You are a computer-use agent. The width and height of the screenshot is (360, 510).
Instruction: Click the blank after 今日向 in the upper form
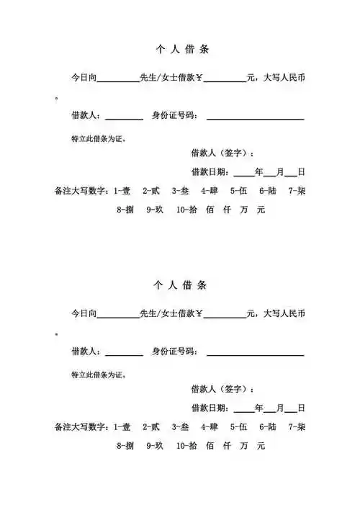[117, 78]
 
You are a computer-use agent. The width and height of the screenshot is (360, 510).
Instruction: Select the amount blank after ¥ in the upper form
[225, 78]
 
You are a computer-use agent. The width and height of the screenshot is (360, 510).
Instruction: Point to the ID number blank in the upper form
[255, 116]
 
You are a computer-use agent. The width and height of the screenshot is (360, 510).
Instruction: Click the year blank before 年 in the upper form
[243, 172]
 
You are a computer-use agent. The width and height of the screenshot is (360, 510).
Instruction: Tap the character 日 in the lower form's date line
[301, 408]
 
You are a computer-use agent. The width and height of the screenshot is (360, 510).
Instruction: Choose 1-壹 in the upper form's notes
[122, 192]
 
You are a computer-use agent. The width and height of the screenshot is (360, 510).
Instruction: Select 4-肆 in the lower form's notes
[210, 427]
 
